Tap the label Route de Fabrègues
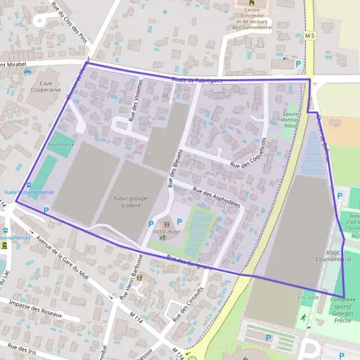[x=197, y=80]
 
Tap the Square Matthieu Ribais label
[x=290, y=120]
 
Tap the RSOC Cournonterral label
[x=334, y=256]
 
